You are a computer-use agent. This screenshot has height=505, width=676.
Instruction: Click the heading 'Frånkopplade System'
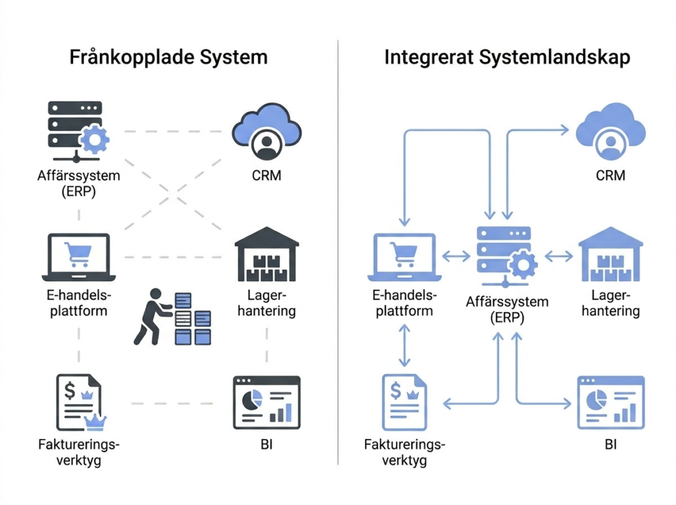(168, 57)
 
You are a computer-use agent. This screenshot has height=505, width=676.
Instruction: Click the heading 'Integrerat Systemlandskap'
(507, 57)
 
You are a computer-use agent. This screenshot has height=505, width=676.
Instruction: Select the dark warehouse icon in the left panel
(267, 255)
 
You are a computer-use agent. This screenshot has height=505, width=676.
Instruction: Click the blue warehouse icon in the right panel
(611, 255)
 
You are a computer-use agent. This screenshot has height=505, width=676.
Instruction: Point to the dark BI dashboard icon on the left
(267, 403)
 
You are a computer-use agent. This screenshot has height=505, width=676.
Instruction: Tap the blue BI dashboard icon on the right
(611, 403)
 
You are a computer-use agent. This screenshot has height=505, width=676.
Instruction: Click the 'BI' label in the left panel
(266, 444)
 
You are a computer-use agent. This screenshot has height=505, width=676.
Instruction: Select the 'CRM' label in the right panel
(610, 176)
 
